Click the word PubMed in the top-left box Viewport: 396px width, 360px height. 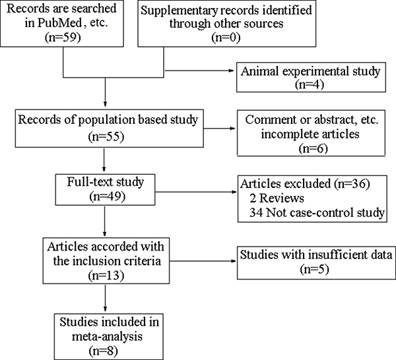click(60, 23)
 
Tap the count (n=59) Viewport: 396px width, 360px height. click(63, 38)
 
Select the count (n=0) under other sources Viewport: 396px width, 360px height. click(226, 38)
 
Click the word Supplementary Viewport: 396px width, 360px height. click(180, 11)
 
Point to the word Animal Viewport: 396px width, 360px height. click(259, 71)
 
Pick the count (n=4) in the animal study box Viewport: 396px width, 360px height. click(310, 84)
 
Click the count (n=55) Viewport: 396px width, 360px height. click(106, 136)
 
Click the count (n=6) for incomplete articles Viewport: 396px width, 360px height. click(313, 148)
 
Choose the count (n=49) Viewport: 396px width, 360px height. click(107, 196)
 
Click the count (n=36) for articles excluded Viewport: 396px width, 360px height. click(352, 183)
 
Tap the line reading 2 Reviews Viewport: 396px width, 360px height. click(277, 198)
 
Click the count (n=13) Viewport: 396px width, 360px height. click(106, 275)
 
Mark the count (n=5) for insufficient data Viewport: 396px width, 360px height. click(315, 269)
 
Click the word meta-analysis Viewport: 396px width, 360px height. click(108, 337)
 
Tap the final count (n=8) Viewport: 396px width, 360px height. click(104, 351)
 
